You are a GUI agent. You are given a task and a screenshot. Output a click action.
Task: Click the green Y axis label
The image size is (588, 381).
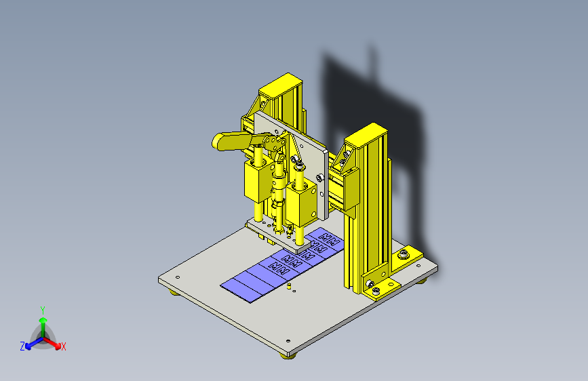[42, 308]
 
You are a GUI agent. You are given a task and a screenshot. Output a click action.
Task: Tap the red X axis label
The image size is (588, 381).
[64, 346]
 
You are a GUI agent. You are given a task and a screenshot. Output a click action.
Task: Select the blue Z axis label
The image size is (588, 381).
[22, 346]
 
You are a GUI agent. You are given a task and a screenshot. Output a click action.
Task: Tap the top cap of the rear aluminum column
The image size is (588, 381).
[278, 86]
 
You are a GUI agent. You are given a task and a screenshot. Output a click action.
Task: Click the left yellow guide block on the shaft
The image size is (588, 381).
[256, 183]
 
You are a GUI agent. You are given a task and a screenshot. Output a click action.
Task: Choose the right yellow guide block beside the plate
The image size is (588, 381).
[301, 203]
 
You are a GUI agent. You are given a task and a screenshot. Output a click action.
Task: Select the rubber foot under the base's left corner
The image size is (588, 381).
[174, 292]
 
